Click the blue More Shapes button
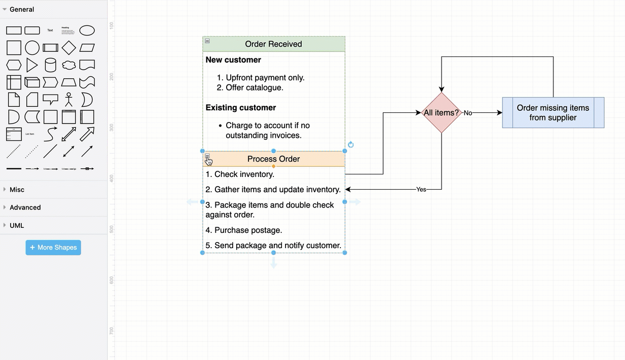pyautogui.click(x=53, y=248)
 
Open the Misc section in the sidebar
pyautogui.click(x=17, y=190)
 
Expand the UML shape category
pyautogui.click(x=17, y=225)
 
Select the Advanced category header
pyautogui.click(x=25, y=207)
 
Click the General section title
pyautogui.click(x=21, y=9)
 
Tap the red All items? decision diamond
pyautogui.click(x=441, y=112)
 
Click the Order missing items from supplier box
pyautogui.click(x=553, y=112)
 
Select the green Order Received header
pyautogui.click(x=273, y=44)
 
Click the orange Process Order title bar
pyautogui.click(x=273, y=159)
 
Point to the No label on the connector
pyautogui.click(x=467, y=113)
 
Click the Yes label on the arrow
pyautogui.click(x=421, y=190)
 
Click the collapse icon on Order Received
pyautogui.click(x=207, y=41)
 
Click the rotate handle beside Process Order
pyautogui.click(x=351, y=145)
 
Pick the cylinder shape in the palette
pyautogui.click(x=50, y=65)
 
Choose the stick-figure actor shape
pyautogui.click(x=69, y=99)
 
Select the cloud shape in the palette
pyautogui.click(x=69, y=65)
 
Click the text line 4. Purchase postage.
pyautogui.click(x=244, y=230)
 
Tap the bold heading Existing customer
pyautogui.click(x=241, y=108)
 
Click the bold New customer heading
pyautogui.click(x=233, y=60)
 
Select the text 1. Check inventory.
pyautogui.click(x=240, y=174)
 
